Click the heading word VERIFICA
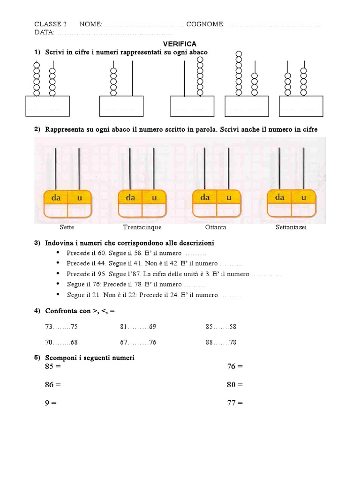[180, 44]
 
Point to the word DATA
[44, 32]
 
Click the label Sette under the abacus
[67, 227]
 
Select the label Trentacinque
[142, 227]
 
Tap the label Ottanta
[216, 227]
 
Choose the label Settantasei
[291, 227]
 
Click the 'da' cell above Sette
[56, 198]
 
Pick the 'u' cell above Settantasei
[303, 197]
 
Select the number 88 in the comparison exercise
[210, 343]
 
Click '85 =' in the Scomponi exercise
[53, 367]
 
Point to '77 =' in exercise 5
[235, 403]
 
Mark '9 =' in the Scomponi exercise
[51, 403]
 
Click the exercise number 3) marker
[37, 243]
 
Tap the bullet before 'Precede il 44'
[57, 263]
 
